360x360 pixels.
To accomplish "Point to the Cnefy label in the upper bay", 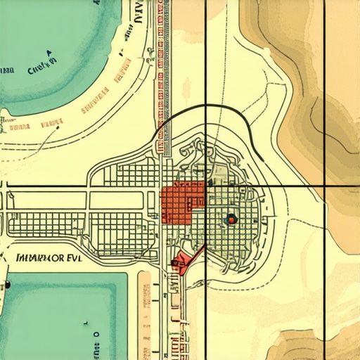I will click(41, 70).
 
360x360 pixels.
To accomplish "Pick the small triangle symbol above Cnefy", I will click(49, 52).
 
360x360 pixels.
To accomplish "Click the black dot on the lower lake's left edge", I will click(8, 285).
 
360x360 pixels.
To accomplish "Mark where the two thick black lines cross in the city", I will click(205, 186).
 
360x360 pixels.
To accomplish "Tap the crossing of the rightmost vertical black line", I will click(325, 186).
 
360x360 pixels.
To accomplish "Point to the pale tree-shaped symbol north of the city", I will click(187, 88).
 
